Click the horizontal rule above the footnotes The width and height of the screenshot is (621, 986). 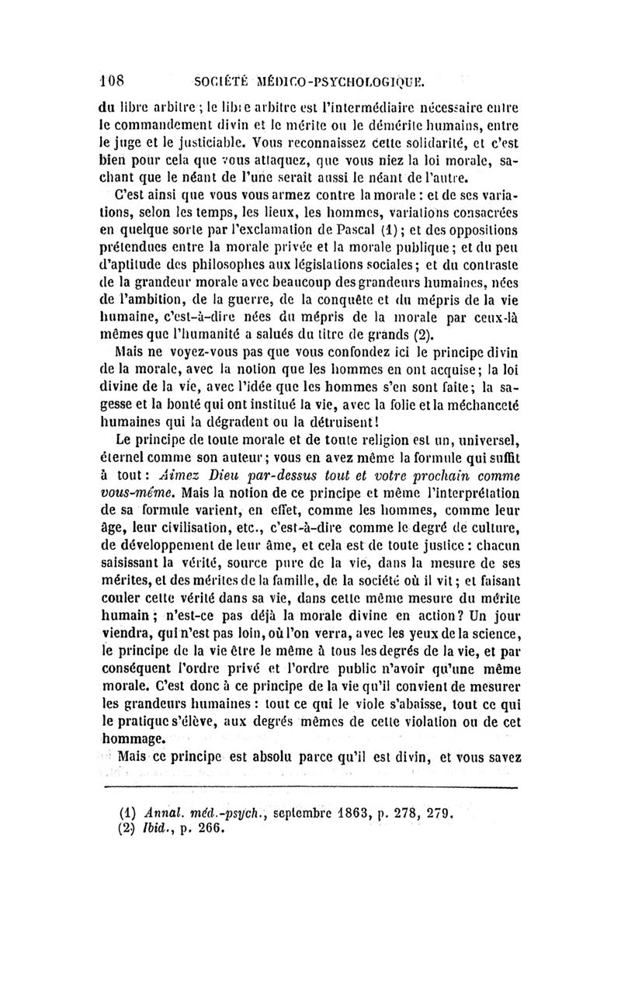tap(310, 788)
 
